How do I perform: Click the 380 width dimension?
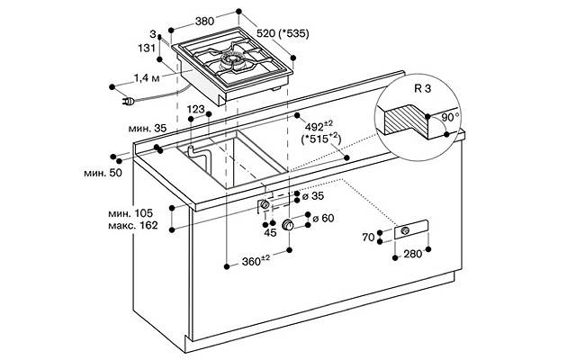(204, 22)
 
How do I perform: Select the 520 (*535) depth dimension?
(283, 33)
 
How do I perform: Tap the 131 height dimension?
(147, 48)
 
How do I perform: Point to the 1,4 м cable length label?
(147, 78)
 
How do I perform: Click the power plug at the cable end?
(129, 101)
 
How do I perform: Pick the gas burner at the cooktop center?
(232, 61)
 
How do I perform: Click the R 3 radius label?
(422, 89)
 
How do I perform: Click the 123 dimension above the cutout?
(196, 109)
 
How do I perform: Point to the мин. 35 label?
(147, 129)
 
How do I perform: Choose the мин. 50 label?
(103, 173)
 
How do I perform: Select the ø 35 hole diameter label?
(313, 196)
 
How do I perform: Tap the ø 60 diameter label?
(323, 218)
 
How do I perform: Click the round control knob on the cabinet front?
(288, 225)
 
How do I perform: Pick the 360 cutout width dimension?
(256, 261)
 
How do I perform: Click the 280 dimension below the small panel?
(412, 254)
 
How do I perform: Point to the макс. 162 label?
(133, 225)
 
